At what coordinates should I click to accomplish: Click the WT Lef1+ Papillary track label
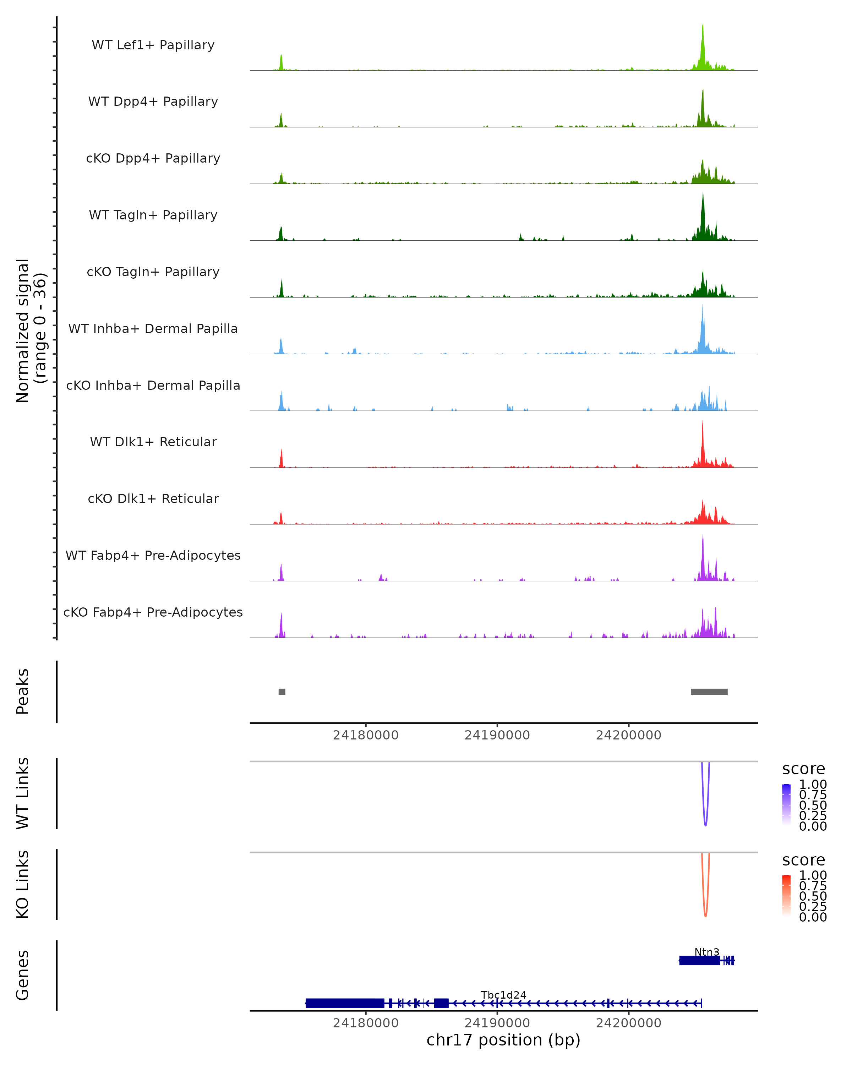tap(153, 45)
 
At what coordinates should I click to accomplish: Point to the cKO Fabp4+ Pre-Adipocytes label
tap(153, 612)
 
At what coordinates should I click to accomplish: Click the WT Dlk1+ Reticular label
tap(153, 442)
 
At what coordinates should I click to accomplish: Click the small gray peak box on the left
tap(282, 692)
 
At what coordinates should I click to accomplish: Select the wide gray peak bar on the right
tap(709, 692)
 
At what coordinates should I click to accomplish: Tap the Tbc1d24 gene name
tap(503, 995)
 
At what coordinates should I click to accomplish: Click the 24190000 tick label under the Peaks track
tap(497, 735)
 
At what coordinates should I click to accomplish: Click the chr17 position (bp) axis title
tap(503, 1040)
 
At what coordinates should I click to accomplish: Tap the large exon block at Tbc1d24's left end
tap(345, 1003)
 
